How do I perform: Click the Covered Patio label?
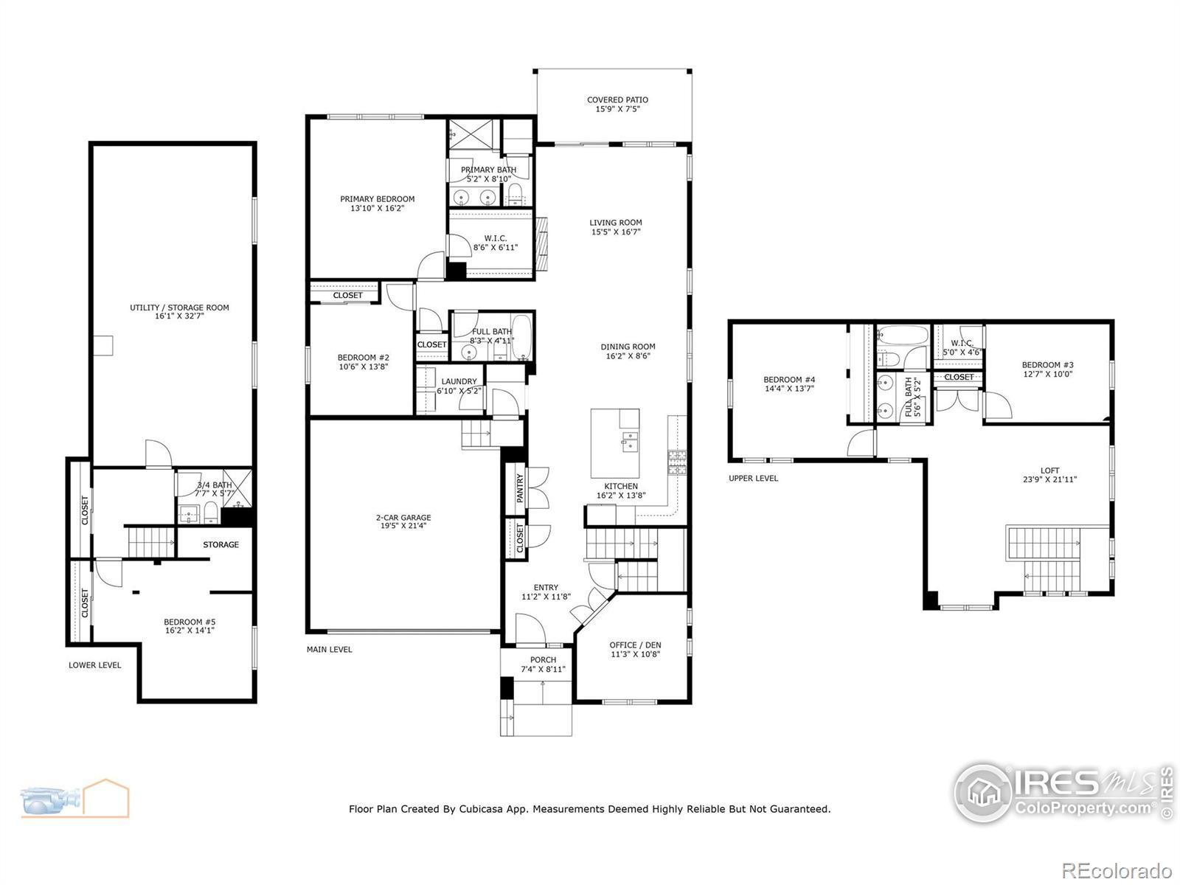click(617, 100)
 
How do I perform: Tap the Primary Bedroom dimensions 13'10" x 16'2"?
click(377, 209)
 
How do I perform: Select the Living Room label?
click(616, 223)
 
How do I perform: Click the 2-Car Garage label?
click(403, 518)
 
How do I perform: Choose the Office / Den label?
click(635, 645)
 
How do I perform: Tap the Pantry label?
click(520, 488)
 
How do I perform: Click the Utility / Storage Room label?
click(179, 308)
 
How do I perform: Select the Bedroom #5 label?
click(190, 622)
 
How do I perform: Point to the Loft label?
click(1049, 471)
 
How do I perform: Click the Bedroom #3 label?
click(1047, 365)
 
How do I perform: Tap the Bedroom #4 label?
click(789, 379)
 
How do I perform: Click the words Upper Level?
click(753, 478)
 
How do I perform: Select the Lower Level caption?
click(94, 665)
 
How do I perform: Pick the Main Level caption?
click(329, 650)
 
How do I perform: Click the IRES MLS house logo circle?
click(983, 793)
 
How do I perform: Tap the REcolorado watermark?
click(1117, 870)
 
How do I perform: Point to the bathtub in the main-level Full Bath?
click(521, 338)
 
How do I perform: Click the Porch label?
click(543, 660)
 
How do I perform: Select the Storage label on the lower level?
click(221, 545)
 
